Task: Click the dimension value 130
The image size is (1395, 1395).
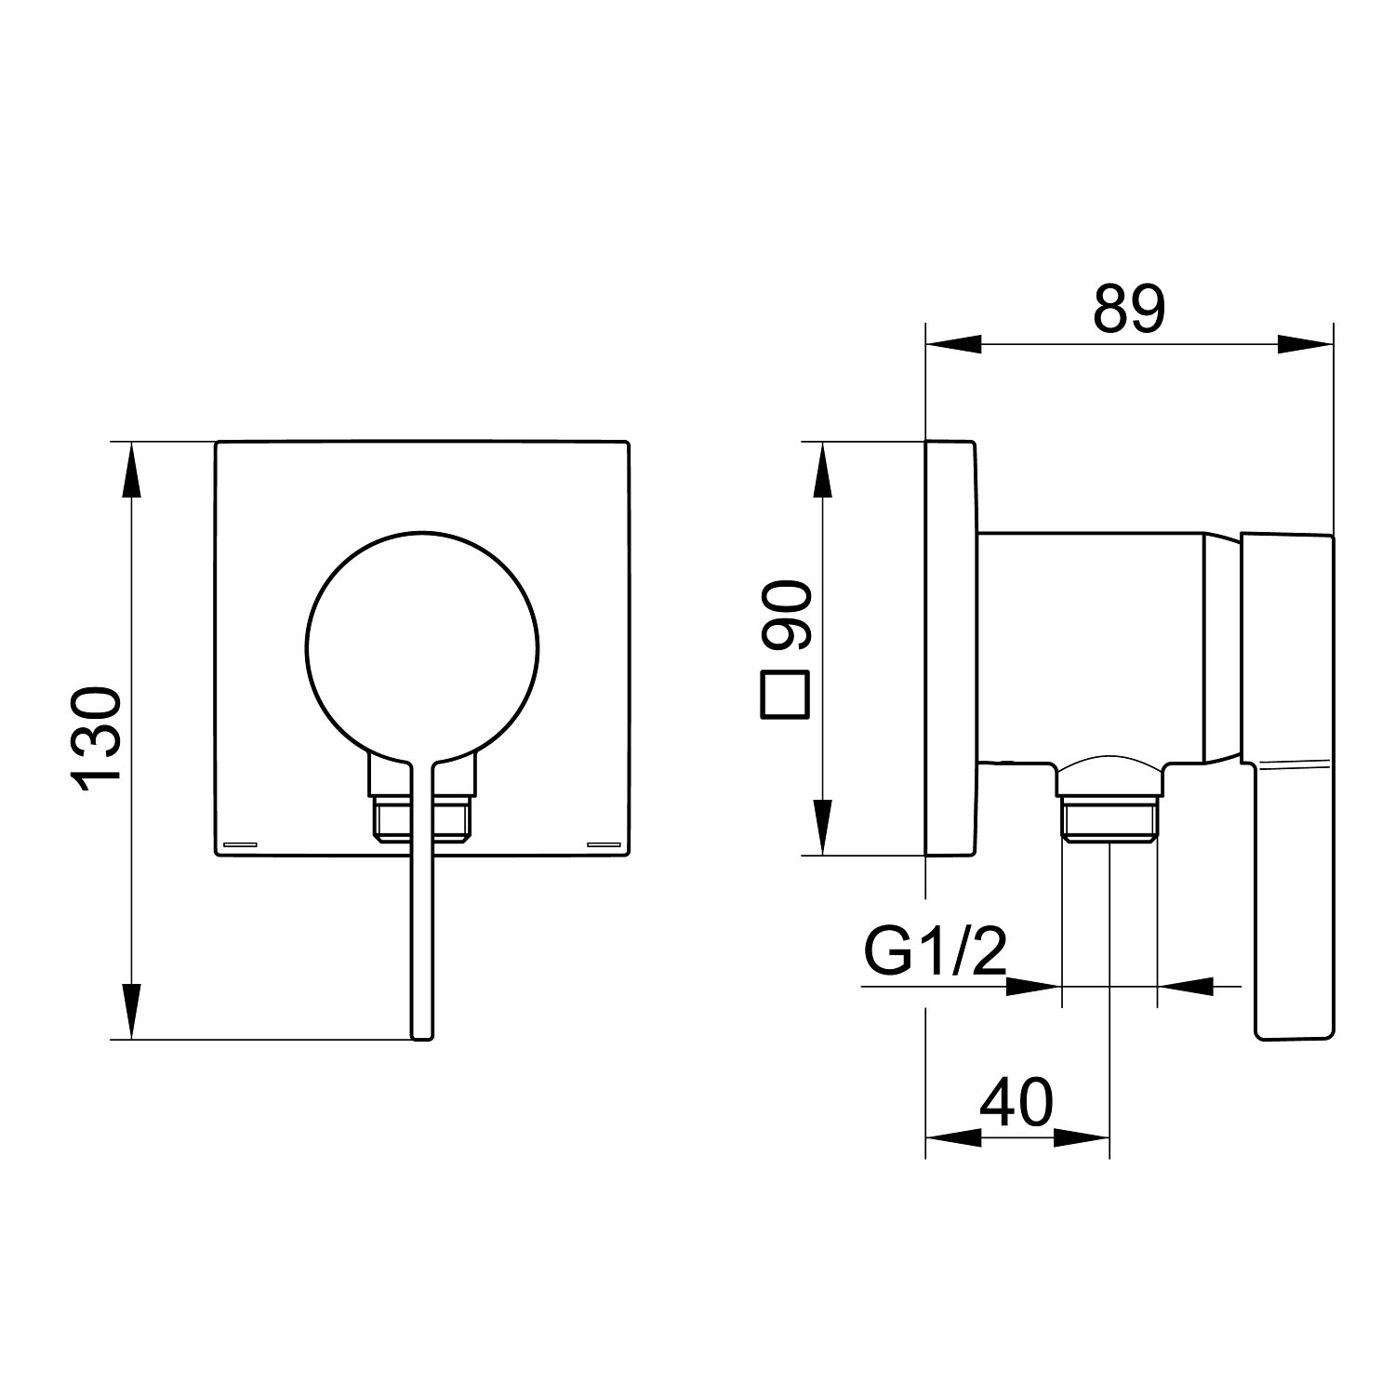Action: [x=97, y=739]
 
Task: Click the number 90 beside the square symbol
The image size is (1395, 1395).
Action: [x=787, y=616]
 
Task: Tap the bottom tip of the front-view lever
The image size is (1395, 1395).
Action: [x=422, y=1037]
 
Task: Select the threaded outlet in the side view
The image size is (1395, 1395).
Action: [x=1109, y=818]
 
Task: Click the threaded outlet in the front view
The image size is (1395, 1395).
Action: [x=422, y=818]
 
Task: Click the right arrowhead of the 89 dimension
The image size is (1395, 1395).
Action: [x=1305, y=343]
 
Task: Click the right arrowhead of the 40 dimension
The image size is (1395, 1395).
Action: [x=1082, y=1136]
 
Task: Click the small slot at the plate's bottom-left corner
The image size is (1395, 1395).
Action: [x=241, y=844]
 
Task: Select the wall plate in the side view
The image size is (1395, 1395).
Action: [x=951, y=647]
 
